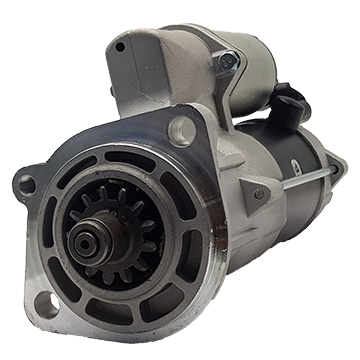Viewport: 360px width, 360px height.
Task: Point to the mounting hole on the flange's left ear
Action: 27,185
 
